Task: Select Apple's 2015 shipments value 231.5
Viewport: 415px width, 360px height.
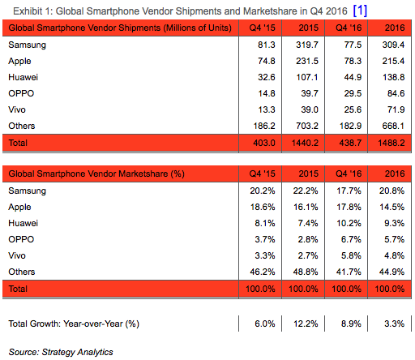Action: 301,61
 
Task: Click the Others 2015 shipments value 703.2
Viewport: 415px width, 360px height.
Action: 301,126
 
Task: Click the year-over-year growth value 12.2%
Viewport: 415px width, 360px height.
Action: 301,324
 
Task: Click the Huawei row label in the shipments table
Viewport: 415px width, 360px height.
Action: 24,77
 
